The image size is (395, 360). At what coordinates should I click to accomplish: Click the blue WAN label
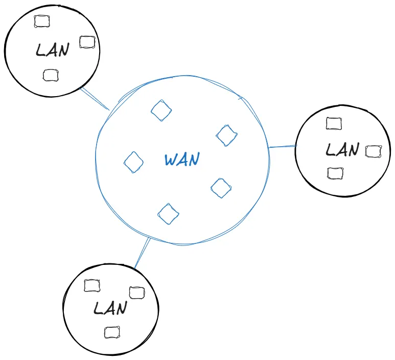coord(181,160)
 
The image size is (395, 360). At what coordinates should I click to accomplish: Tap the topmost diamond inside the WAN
coord(161,110)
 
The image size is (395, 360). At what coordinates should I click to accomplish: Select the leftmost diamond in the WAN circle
coord(134,163)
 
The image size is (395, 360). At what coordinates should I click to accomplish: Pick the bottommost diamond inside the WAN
coord(168,214)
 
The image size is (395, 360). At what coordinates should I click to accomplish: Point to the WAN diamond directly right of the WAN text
coord(221,188)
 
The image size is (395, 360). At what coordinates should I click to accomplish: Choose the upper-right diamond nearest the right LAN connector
coord(227,135)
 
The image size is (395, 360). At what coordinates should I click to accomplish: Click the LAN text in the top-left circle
coord(52,50)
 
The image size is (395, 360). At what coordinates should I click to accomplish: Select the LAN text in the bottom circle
coord(110,308)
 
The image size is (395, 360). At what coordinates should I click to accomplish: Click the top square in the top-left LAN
coord(41,21)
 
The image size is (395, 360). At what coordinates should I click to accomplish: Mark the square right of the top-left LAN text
coord(87,42)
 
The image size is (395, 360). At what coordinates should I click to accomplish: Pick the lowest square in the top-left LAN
coord(50,75)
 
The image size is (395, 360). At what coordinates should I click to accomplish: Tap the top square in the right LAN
coord(334,123)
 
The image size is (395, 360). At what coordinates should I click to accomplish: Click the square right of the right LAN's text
coord(373,151)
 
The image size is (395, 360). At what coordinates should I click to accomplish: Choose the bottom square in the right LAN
coord(335,173)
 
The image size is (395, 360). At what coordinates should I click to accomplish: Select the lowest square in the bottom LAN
coord(111,332)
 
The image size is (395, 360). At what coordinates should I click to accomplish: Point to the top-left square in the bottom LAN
coord(91,285)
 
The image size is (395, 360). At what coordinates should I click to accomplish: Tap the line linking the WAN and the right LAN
coord(282,147)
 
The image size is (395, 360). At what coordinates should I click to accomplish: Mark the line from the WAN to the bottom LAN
coord(142,253)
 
